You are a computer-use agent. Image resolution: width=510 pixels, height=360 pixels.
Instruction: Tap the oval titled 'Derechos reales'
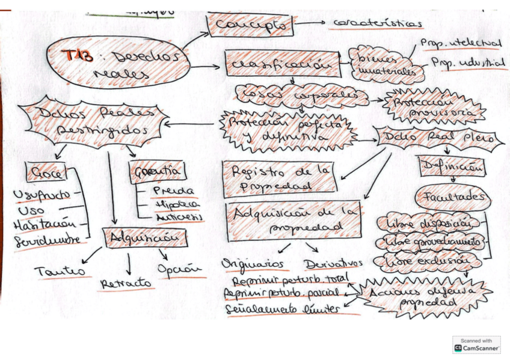tap(112, 64)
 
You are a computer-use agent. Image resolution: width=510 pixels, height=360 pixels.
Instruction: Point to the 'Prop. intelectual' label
tap(461, 43)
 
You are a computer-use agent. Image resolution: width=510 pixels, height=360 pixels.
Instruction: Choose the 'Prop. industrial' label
tap(468, 63)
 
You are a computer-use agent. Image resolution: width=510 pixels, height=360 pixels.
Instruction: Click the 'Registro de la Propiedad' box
tap(279, 178)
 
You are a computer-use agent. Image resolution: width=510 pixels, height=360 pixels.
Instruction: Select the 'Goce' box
tap(46, 173)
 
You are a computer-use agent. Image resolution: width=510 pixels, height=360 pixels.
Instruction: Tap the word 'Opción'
tap(180, 269)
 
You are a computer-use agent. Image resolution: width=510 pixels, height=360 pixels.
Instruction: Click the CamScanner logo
tap(476, 344)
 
